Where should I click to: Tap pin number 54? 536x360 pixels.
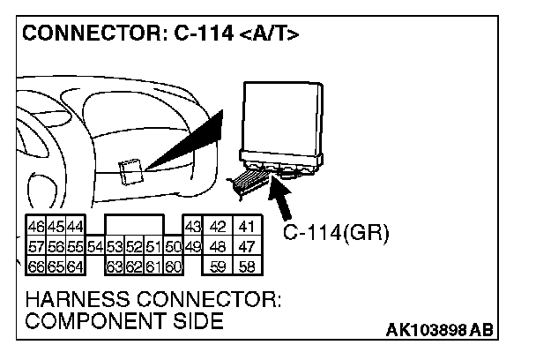[94, 246]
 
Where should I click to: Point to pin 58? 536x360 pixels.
[247, 265]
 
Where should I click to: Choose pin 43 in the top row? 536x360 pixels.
[193, 228]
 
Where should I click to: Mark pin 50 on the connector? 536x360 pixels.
[173, 246]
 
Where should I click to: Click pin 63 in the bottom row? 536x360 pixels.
[114, 265]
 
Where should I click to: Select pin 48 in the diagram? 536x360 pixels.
[218, 246]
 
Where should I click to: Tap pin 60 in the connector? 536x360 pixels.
[173, 265]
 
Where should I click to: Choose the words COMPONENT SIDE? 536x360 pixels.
[123, 320]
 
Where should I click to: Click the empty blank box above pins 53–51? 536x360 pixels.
[133, 226]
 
